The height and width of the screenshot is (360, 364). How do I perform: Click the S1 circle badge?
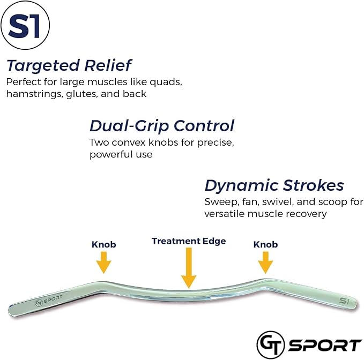(x=25, y=27)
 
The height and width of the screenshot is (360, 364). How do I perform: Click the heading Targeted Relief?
(x=69, y=66)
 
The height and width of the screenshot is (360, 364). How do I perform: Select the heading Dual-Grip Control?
(x=161, y=126)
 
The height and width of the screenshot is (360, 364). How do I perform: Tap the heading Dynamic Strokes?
(x=274, y=185)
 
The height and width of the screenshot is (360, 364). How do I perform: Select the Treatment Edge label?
(x=189, y=241)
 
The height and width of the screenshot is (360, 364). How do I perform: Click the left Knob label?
(x=103, y=244)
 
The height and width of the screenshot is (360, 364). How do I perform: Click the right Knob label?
(x=265, y=244)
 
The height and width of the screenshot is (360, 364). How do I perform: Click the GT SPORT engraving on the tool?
(x=49, y=301)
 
